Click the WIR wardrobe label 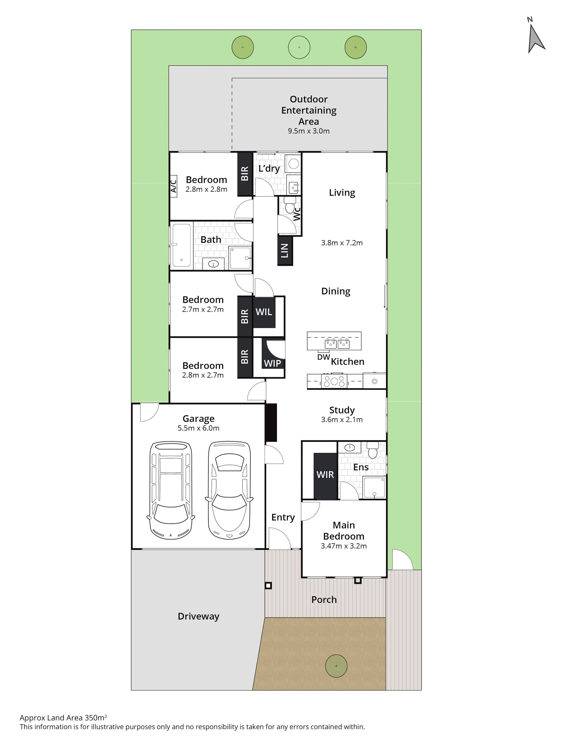coord(325,474)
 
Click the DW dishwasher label coord(324,357)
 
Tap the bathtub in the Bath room coord(181,246)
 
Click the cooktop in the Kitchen coord(334,380)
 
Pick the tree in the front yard coord(336,666)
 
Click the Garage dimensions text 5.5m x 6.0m coord(198,428)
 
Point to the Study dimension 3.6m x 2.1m coord(341,420)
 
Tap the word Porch coord(324,599)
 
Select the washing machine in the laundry coord(293,164)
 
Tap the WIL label coord(264,312)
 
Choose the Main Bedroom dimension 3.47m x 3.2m coord(344,546)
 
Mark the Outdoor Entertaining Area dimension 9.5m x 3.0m coord(309,131)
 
